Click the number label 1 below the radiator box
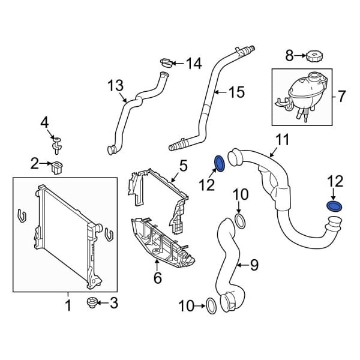point(68,306)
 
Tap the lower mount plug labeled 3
point(92,304)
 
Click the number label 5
point(183,163)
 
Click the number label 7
point(342,95)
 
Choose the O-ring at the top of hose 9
point(239,221)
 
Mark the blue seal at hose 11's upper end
point(220,164)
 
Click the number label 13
point(115,86)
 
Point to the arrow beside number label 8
point(300,56)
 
